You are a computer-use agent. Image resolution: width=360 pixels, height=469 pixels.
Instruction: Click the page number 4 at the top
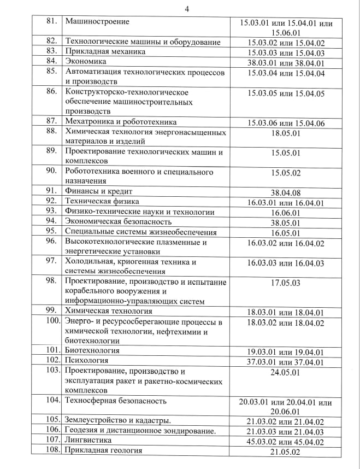tap(187, 9)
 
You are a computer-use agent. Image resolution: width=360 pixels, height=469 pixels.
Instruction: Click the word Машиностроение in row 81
tap(97, 22)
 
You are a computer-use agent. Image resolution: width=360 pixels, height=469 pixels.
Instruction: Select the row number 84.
tap(52, 61)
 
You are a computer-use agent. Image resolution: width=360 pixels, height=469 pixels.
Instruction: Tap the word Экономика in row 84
tap(85, 61)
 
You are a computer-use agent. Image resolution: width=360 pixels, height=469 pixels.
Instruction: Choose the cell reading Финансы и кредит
tap(99, 191)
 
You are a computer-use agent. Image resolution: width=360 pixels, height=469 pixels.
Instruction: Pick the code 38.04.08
tap(286, 192)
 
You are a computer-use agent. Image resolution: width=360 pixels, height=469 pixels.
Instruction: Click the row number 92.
tap(52, 201)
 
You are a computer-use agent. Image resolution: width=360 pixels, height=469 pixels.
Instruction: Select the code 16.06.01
tap(286, 212)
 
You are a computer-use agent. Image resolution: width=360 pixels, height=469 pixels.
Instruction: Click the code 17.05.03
tap(286, 283)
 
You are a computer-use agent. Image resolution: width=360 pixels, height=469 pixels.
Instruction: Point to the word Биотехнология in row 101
tap(92, 350)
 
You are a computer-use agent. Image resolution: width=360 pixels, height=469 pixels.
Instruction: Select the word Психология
tap(86, 361)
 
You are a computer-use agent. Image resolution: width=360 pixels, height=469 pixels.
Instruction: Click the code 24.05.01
tap(286, 372)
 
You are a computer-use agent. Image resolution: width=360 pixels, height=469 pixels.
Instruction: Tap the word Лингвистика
tap(88, 440)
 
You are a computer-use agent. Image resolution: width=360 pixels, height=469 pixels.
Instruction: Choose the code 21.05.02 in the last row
tap(286, 451)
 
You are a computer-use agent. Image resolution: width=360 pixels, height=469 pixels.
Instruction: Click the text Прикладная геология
tap(103, 450)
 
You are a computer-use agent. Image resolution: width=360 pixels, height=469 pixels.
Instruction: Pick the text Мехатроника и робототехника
tap(121, 122)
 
